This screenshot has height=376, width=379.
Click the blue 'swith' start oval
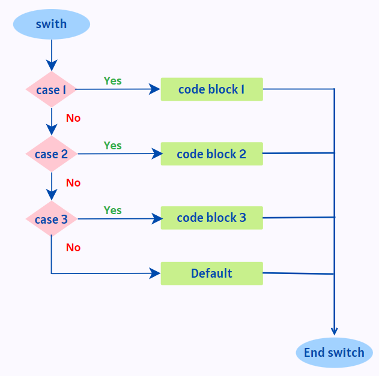click(x=51, y=25)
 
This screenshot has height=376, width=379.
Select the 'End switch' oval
click(x=334, y=353)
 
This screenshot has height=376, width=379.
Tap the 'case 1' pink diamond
click(x=51, y=90)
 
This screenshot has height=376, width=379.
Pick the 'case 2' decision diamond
click(x=51, y=154)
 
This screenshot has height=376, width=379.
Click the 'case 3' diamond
click(x=51, y=219)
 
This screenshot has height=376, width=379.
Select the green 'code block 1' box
click(x=211, y=89)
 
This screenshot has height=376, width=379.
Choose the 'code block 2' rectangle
click(x=211, y=154)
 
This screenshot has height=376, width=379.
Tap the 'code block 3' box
click(x=211, y=218)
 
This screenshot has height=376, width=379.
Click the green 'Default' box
click(x=211, y=273)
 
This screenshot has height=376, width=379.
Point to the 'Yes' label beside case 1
click(x=112, y=80)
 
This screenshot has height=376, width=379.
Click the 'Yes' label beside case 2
click(x=112, y=145)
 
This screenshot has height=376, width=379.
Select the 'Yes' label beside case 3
click(x=112, y=210)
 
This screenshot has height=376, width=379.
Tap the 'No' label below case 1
click(x=73, y=118)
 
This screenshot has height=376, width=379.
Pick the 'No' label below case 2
click(x=73, y=183)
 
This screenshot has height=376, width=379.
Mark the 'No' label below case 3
click(x=73, y=248)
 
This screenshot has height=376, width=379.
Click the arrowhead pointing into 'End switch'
click(x=334, y=331)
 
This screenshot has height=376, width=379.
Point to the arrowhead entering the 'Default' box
click(x=156, y=274)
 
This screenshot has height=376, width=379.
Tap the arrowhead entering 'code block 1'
click(x=156, y=89)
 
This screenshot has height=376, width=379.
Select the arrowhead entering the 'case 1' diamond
click(x=52, y=66)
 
